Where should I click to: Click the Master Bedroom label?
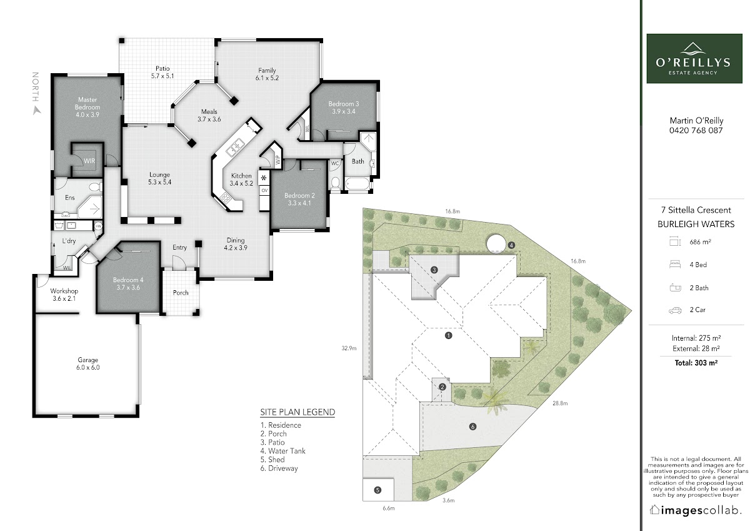pyautogui.click(x=87, y=107)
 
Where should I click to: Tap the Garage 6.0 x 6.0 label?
pyautogui.click(x=87, y=363)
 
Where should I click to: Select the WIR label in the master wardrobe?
pyautogui.click(x=89, y=161)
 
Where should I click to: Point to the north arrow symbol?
pyautogui.click(x=37, y=111)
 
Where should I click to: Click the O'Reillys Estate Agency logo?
pyautogui.click(x=694, y=58)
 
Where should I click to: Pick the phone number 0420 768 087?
pyautogui.click(x=696, y=130)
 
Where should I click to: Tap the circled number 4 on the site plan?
pyautogui.click(x=511, y=245)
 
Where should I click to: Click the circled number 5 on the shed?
pyautogui.click(x=377, y=490)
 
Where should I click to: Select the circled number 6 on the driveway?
pyautogui.click(x=472, y=427)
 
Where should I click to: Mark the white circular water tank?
pyautogui.click(x=496, y=243)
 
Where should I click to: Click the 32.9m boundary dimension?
pyautogui.click(x=349, y=348)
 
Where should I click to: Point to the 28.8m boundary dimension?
pyautogui.click(x=560, y=403)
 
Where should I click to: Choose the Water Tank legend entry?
pyautogui.click(x=283, y=451)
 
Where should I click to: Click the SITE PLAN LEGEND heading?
pyautogui.click(x=297, y=412)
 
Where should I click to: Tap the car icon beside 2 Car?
pyautogui.click(x=675, y=310)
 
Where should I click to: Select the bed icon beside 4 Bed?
pyautogui.click(x=675, y=265)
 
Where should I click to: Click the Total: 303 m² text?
pyautogui.click(x=696, y=363)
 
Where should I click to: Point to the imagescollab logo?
pyautogui.click(x=695, y=510)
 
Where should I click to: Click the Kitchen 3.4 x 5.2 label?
pyautogui.click(x=241, y=180)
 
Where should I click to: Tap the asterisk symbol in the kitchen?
pyautogui.click(x=264, y=178)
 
